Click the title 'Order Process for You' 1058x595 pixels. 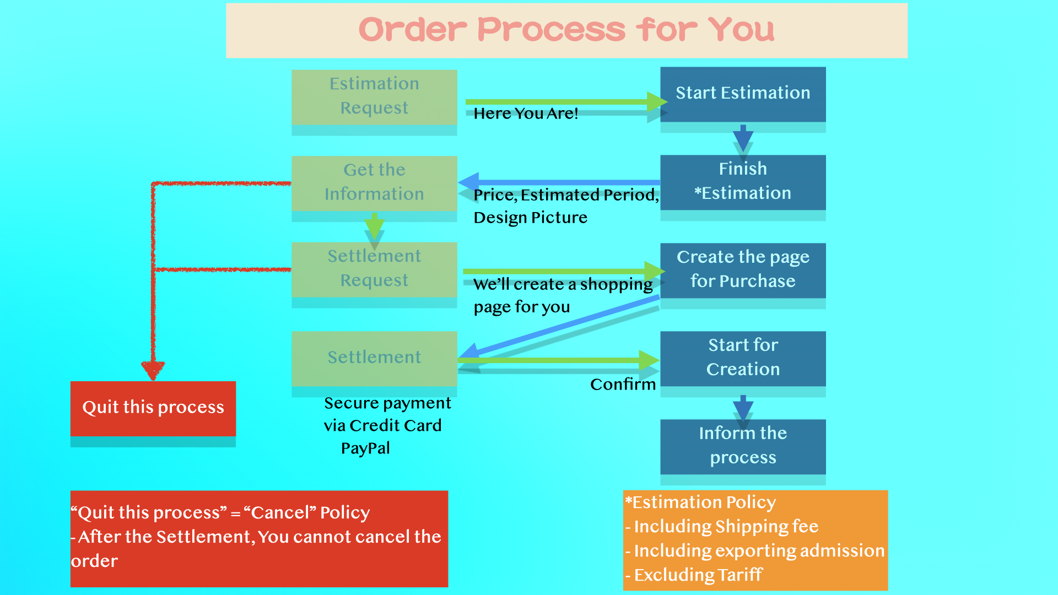566,30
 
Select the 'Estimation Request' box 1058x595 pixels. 374,96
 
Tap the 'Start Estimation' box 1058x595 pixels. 743,94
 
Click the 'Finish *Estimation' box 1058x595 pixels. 743,182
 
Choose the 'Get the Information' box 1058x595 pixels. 374,183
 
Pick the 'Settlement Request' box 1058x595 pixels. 374,269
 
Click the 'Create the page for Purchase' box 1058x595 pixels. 743,270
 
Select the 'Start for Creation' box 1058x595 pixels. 743,358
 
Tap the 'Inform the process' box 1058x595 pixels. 743,446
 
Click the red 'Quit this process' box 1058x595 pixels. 153,408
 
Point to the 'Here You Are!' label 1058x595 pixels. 526,113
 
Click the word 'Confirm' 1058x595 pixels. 623,385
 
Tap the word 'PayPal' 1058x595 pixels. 365,448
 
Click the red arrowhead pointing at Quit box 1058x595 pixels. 153,370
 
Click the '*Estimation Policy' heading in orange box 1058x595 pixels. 700,502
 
